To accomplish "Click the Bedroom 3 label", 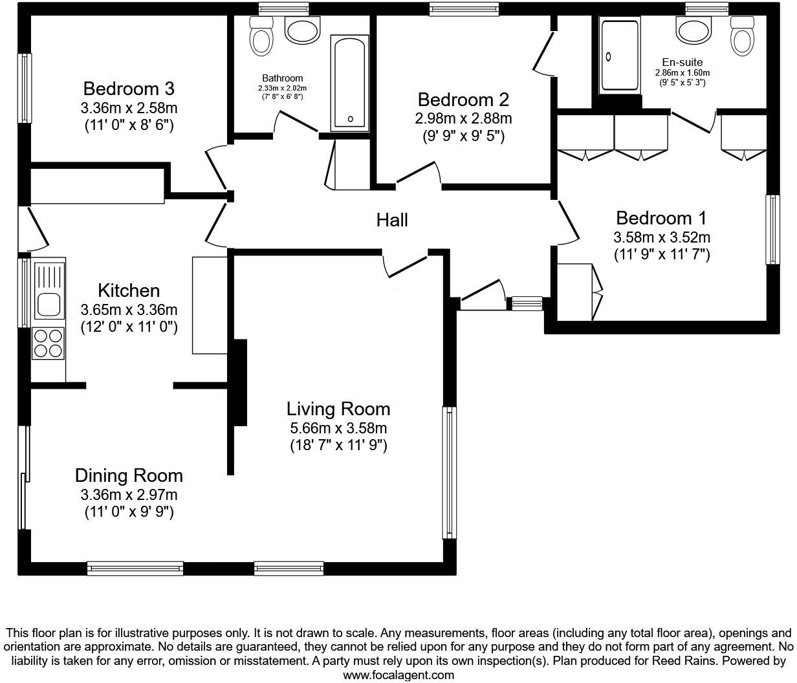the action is pyautogui.click(x=129, y=89).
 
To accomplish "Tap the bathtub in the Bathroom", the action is pyautogui.click(x=349, y=83).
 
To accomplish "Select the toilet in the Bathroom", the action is pyautogui.click(x=261, y=36).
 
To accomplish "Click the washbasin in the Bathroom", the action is pyautogui.click(x=302, y=30).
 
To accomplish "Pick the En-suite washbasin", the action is pyautogui.click(x=693, y=30).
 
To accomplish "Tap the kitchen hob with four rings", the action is pyautogui.click(x=49, y=343).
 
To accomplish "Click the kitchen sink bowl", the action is pyautogui.click(x=49, y=305).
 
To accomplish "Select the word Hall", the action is pyautogui.click(x=392, y=220).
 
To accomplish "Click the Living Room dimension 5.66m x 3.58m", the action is pyautogui.click(x=338, y=428).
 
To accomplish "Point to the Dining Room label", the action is pyautogui.click(x=129, y=475).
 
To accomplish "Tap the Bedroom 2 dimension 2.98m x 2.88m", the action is pyautogui.click(x=463, y=118).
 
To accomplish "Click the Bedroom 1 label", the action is pyautogui.click(x=662, y=218).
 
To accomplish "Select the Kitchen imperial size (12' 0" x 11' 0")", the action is pyautogui.click(x=129, y=327).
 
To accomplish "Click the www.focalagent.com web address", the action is pyautogui.click(x=398, y=675).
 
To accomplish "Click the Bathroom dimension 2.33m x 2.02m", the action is pyautogui.click(x=283, y=88).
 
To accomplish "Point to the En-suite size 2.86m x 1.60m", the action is pyautogui.click(x=682, y=72).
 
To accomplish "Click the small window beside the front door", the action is pyautogui.click(x=527, y=304).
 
